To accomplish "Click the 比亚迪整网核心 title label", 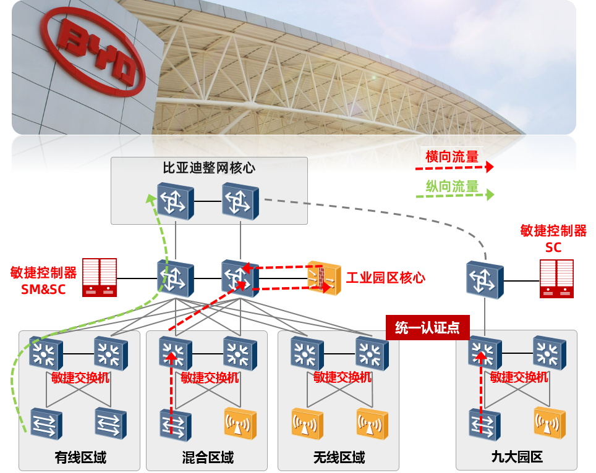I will [209, 167].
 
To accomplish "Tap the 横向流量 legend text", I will [452, 156].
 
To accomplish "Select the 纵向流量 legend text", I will [452, 185].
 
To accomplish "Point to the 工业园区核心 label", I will [385, 277].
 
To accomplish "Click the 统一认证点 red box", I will [427, 327].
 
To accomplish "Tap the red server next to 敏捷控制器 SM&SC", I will [100, 276].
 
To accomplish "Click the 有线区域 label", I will [80, 458].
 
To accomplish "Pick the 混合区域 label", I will [208, 458].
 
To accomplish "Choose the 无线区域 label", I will [339, 458].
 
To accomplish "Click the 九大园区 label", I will [517, 458].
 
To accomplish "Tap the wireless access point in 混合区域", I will [240, 424].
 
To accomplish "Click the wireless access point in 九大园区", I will [550, 424].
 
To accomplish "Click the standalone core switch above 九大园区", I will [484, 280].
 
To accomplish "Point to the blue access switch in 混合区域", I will [175, 425].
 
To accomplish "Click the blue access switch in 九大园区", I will [484, 425].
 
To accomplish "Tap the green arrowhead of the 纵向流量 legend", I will [490, 195].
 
